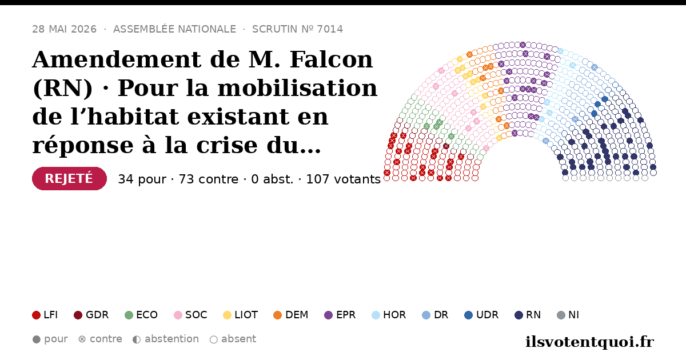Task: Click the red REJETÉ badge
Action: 69,178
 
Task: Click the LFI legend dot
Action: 36,315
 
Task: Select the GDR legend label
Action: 97,315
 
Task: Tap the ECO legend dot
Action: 129,315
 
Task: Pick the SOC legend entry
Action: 190,315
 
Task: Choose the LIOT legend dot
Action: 227,315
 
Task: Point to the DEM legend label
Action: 297,315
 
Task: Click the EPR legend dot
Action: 328,315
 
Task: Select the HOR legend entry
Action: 389,315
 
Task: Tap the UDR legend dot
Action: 469,315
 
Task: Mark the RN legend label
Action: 533,315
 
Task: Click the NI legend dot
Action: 561,315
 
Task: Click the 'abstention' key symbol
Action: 137,339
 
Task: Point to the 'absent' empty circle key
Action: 214,339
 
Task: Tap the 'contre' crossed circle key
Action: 82,339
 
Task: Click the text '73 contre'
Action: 209,179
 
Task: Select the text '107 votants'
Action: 344,179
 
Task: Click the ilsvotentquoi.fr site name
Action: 590,342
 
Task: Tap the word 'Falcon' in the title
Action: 331,59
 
